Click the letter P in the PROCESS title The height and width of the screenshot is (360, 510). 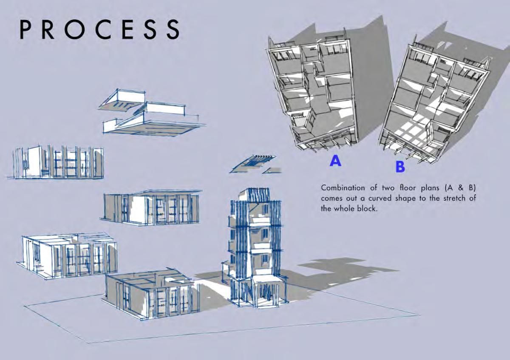pyautogui.click(x=27, y=29)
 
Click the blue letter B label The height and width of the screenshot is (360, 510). pyautogui.click(x=400, y=167)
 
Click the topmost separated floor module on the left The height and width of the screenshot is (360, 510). pyautogui.click(x=57, y=162)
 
